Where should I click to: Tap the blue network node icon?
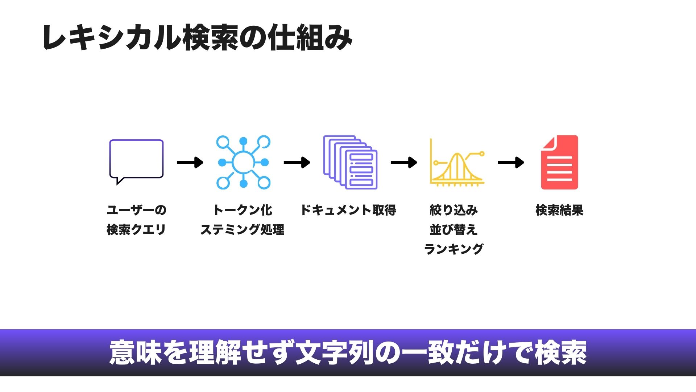pyautogui.click(x=243, y=162)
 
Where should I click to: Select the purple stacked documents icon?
pyautogui.click(x=350, y=162)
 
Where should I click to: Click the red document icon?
pyautogui.click(x=559, y=162)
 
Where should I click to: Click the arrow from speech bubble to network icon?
pyautogui.click(x=190, y=162)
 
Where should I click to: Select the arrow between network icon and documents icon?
pyautogui.click(x=297, y=162)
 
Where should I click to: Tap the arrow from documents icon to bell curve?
pyautogui.click(x=404, y=162)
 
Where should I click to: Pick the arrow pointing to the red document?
pyautogui.click(x=511, y=162)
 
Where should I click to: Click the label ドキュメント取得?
pyautogui.click(x=348, y=210)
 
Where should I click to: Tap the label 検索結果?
pyautogui.click(x=559, y=210)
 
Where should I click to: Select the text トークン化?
pyautogui.click(x=243, y=210)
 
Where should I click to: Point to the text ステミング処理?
pyautogui.click(x=243, y=229)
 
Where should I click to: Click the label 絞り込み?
pyautogui.click(x=453, y=210)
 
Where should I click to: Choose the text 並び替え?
pyautogui.click(x=453, y=229)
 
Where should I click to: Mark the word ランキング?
pyautogui.click(x=453, y=249)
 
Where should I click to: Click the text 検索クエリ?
pyautogui.click(x=136, y=229)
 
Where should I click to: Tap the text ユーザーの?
pyautogui.click(x=136, y=210)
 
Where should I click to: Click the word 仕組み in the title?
pyautogui.click(x=310, y=37)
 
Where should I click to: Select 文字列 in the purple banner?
pyautogui.click(x=334, y=352)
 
